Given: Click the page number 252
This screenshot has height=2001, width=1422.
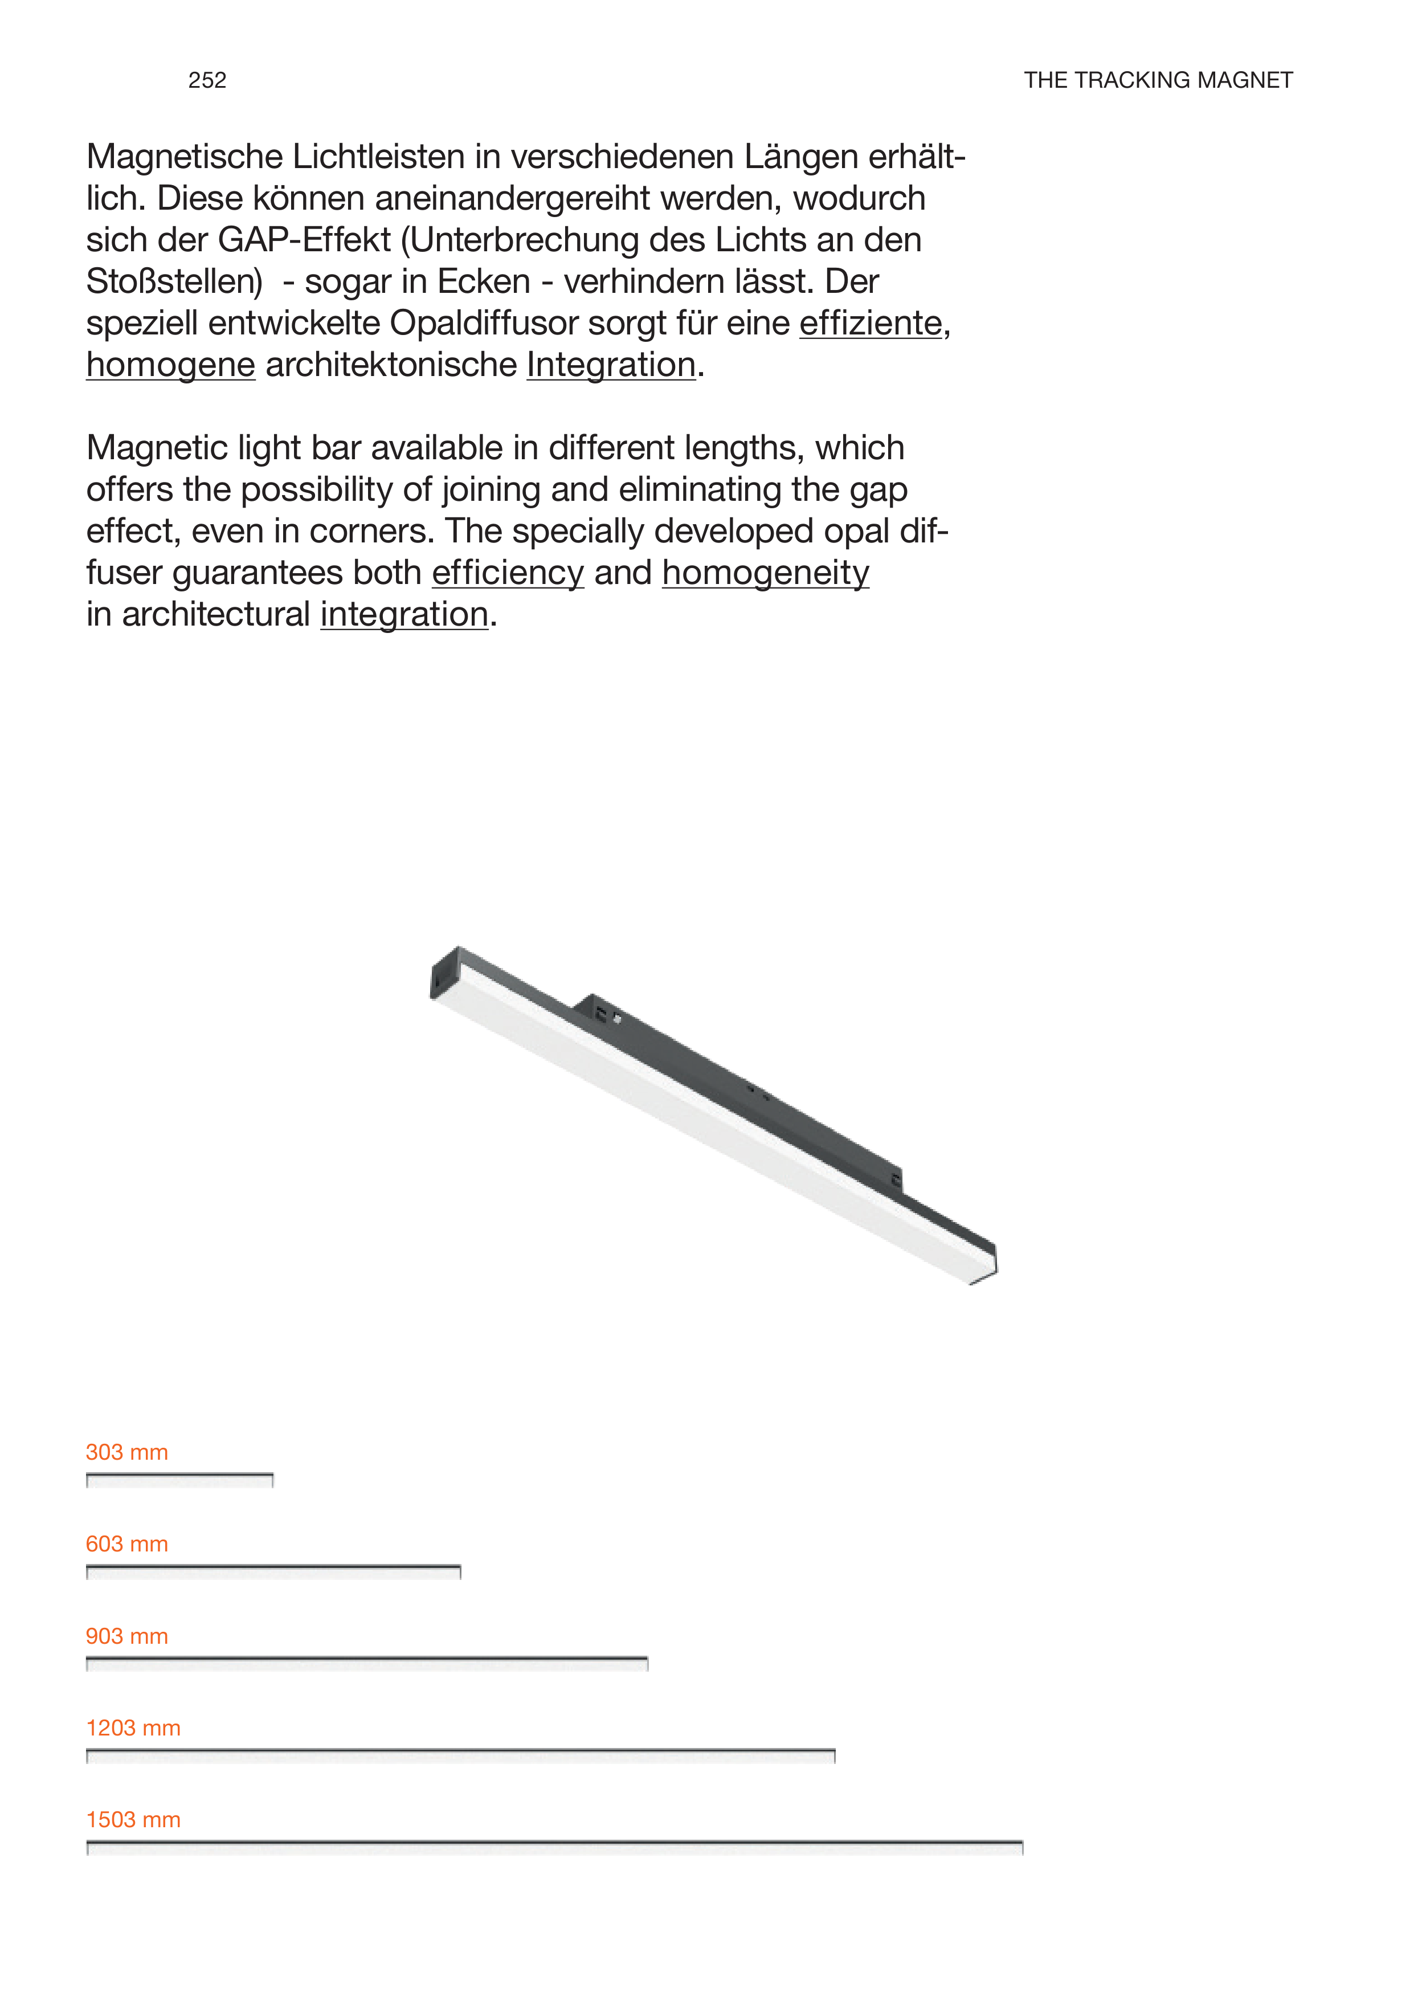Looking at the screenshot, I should click(x=207, y=80).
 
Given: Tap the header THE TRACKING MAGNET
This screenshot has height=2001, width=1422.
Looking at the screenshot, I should click(x=1158, y=80).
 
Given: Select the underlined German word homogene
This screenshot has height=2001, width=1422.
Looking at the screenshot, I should click(x=171, y=365).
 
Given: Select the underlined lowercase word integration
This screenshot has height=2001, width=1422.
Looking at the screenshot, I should click(x=404, y=615).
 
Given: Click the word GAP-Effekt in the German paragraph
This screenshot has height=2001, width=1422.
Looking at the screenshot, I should click(x=304, y=240).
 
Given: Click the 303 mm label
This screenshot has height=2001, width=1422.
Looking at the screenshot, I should click(x=127, y=1452).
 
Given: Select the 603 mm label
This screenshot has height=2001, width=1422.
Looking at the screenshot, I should click(x=127, y=1544).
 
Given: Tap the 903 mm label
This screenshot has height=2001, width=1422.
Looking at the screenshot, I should click(x=127, y=1636).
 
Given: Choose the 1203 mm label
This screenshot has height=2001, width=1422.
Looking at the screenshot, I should click(x=133, y=1728).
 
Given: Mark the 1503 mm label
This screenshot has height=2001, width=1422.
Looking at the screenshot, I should click(x=133, y=1820).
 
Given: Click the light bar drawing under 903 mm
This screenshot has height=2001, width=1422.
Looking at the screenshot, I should click(x=367, y=1664).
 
